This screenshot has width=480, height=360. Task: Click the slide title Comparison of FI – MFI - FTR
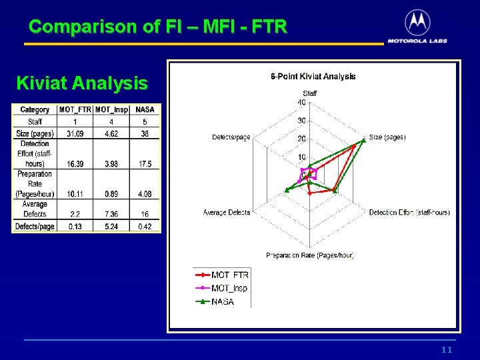point(158,27)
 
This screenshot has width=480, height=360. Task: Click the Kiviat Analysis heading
point(81,83)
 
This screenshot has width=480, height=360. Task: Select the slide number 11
point(447,350)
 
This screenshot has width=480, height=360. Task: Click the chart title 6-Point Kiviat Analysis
point(313,77)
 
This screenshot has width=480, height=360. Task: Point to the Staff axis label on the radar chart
point(310,93)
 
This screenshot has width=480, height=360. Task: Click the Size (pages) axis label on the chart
point(387,137)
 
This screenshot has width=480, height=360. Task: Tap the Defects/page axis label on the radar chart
point(231,137)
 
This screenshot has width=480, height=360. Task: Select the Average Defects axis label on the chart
point(227,213)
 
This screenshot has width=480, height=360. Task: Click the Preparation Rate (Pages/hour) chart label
point(309,255)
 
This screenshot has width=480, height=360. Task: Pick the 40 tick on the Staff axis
point(301,103)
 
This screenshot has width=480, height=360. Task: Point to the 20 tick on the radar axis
point(301,139)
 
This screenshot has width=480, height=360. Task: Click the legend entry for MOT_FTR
point(229,275)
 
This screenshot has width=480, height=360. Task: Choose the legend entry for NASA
point(223,301)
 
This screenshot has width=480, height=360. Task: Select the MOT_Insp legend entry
point(229,288)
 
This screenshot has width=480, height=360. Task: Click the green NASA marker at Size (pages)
point(363,139)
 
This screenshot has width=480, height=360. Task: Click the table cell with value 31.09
point(75,134)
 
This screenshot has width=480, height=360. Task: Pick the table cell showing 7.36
point(111,214)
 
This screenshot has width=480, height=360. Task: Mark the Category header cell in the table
point(35,110)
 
